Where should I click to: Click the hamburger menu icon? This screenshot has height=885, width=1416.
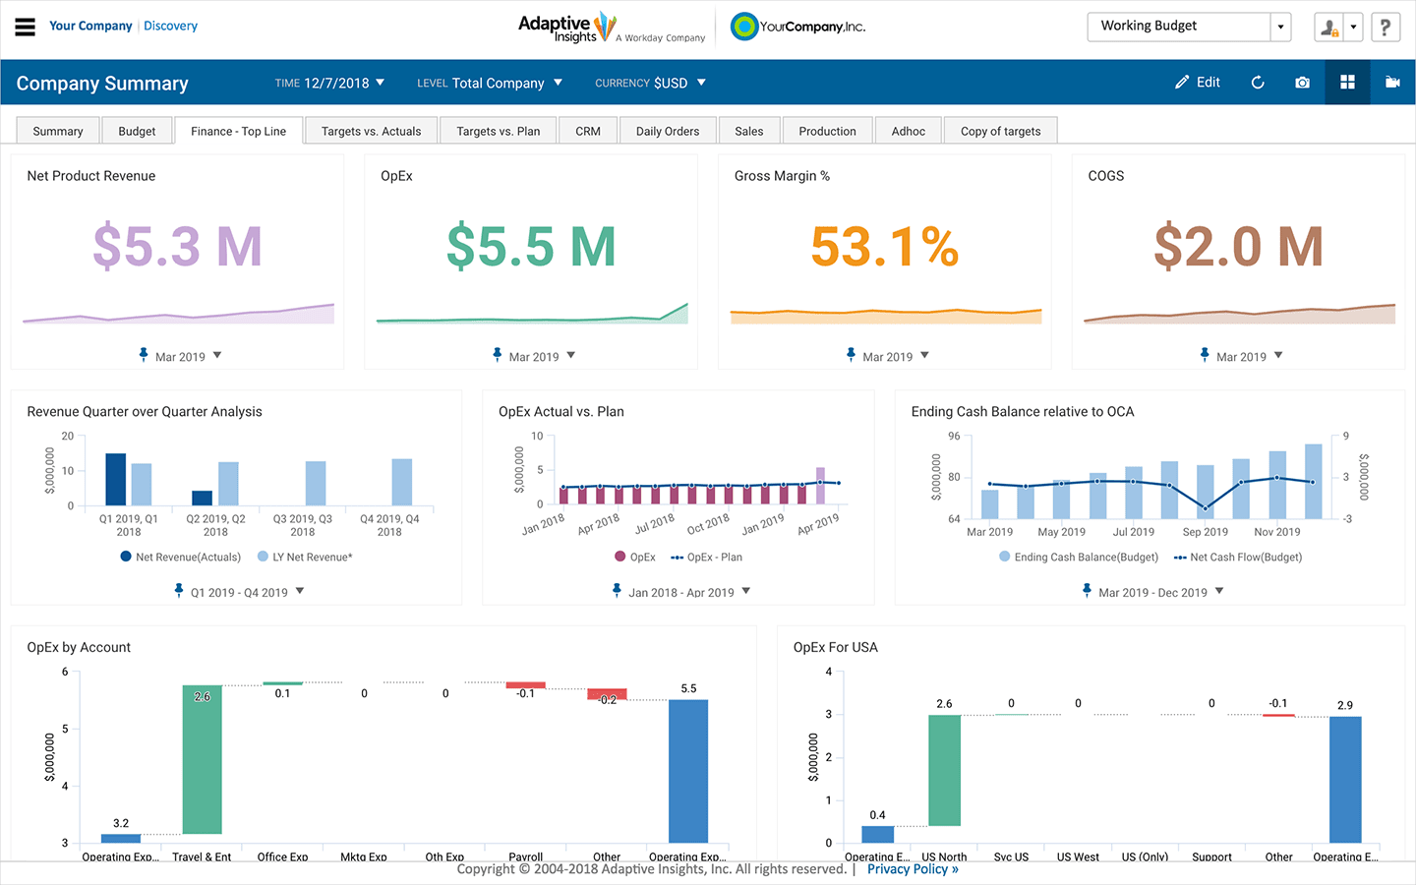25,27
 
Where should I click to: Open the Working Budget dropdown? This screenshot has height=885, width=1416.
1280,27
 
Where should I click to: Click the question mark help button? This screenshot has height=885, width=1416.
1385,27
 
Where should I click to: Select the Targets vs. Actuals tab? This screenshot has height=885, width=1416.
371,131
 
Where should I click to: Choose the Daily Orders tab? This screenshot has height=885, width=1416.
667,131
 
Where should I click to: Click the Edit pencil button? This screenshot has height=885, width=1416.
1197,83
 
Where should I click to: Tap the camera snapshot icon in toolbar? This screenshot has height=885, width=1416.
1302,83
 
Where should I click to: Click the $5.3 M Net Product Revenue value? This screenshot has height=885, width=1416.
177,246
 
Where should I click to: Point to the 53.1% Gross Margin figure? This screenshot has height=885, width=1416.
884,246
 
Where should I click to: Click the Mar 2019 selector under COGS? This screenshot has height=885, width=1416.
1241,357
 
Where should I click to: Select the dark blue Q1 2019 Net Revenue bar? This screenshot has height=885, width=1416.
115,479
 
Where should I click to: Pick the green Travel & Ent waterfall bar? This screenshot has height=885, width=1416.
202,759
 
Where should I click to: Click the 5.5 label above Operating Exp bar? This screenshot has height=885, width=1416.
688,688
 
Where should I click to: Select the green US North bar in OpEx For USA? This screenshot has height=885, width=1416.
944,770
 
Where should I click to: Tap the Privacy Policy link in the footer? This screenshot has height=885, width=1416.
912,869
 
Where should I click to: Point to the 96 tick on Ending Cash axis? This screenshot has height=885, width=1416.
954,436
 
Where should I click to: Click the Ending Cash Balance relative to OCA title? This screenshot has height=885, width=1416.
1022,412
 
